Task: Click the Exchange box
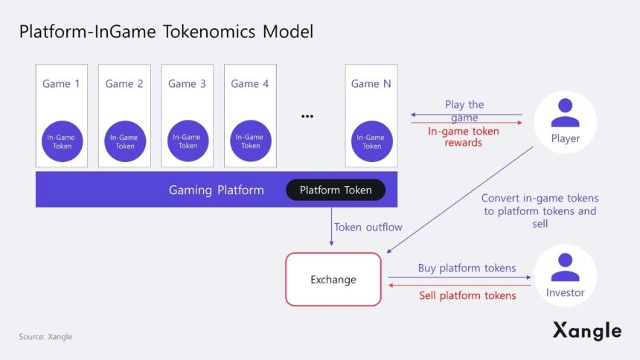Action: [333, 279]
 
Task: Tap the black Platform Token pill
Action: [336, 190]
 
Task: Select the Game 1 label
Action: [61, 83]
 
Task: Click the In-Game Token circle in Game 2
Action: [125, 141]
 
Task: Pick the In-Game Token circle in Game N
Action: [371, 141]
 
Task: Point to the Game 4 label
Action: [250, 83]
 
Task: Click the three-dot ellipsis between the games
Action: [307, 116]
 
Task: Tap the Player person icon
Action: [566, 113]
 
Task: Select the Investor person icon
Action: [566, 267]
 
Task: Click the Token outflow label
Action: [368, 227]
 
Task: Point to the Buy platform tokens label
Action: [467, 269]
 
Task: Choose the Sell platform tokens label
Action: [467, 295]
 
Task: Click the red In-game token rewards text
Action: [464, 137]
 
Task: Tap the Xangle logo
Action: [587, 330]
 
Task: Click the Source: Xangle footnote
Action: [45, 337]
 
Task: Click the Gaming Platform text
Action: [217, 190]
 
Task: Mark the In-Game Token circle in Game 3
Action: [188, 141]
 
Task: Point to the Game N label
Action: [371, 83]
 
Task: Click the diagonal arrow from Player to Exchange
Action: [460, 200]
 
